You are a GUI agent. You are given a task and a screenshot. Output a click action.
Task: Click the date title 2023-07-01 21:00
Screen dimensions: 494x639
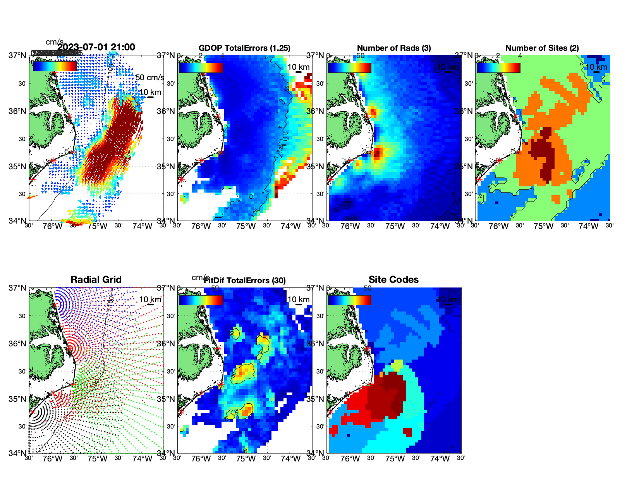click(96, 47)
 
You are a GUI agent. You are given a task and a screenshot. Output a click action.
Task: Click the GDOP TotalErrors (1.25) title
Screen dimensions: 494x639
click(244, 48)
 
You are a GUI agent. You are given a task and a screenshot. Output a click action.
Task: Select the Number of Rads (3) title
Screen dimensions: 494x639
click(394, 48)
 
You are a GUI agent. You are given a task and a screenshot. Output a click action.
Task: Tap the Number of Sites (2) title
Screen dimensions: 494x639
click(542, 48)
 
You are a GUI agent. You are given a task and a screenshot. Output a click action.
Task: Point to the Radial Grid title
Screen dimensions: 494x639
click(96, 280)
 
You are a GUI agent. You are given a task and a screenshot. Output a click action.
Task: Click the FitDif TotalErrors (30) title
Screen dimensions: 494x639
click(245, 281)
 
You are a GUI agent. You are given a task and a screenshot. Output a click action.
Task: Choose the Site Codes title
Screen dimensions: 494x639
click(393, 280)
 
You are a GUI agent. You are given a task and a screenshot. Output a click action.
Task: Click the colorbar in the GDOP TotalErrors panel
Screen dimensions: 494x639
click(201, 67)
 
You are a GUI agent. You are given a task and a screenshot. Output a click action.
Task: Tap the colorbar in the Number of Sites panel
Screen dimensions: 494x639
click(498, 67)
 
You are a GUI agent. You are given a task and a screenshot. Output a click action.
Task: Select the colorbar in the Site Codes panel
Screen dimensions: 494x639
click(350, 300)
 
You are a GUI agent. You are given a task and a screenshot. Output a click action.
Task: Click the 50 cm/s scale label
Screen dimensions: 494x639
click(150, 77)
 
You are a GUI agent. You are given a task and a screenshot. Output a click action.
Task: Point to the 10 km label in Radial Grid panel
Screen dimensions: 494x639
click(150, 299)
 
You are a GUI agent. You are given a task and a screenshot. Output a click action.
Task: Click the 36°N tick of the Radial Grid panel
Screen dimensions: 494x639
click(18, 344)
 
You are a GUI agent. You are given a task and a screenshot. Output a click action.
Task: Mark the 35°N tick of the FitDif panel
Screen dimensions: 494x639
click(167, 399)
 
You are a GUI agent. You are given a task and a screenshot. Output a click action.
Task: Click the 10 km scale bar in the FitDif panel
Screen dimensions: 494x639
click(299, 305)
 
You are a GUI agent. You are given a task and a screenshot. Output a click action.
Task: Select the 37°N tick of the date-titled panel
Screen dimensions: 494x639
click(18, 55)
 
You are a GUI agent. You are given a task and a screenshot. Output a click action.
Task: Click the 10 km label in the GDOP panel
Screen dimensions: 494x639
click(299, 67)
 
